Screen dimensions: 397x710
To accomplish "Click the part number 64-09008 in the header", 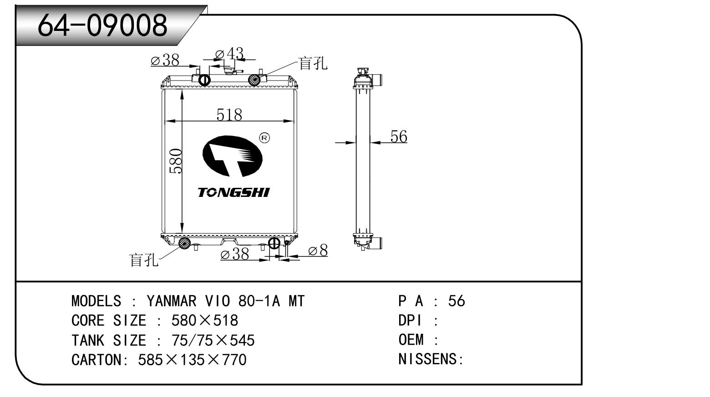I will tap(103, 25).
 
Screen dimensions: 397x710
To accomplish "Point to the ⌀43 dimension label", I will tap(229, 54).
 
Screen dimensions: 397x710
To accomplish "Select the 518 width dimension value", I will tap(229, 114).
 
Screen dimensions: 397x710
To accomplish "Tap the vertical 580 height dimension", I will tap(176, 161).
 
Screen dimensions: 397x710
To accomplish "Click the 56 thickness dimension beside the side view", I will tap(399, 136).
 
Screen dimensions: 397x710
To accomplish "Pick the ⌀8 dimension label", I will tap(318, 251).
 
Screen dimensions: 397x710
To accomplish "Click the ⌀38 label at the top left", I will tap(165, 60).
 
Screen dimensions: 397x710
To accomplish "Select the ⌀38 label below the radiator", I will tap(235, 254).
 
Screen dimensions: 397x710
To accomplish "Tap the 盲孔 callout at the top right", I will tap(313, 63).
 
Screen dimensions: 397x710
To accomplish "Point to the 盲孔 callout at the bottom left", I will tap(144, 260).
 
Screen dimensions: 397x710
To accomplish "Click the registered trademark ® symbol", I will tap(264, 138).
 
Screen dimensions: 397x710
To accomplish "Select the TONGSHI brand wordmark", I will tap(233, 192).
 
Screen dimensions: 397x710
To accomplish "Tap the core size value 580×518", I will tap(204, 321).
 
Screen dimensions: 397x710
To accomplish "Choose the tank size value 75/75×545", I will tap(213, 340).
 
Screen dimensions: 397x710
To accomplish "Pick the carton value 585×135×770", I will tap(192, 360).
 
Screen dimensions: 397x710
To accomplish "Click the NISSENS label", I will tap(430, 359).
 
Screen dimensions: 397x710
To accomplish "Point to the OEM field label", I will tap(411, 340).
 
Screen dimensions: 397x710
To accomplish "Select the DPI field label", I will tap(410, 321).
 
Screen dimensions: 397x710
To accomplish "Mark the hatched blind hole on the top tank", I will tap(254, 80).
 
